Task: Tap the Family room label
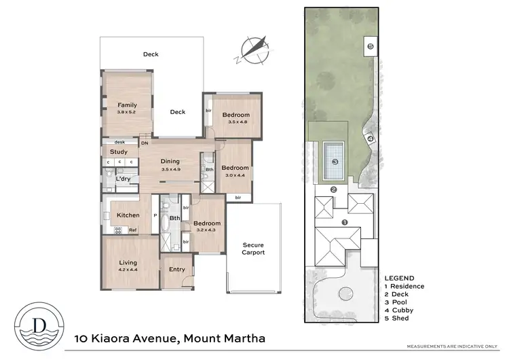[x=127, y=105]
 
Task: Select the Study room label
[x=119, y=152]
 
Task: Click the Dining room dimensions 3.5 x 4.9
[x=170, y=168]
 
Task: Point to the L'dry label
[x=123, y=179]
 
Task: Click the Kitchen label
[x=128, y=215]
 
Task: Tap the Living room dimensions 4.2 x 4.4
[x=128, y=270]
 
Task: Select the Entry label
[x=177, y=270]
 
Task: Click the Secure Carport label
[x=252, y=249]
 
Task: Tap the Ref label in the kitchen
[x=134, y=230]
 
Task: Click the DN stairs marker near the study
[x=145, y=143]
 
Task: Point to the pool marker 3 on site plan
[x=335, y=162]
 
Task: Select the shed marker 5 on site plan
[x=371, y=46]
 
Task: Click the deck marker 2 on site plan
[x=333, y=190]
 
